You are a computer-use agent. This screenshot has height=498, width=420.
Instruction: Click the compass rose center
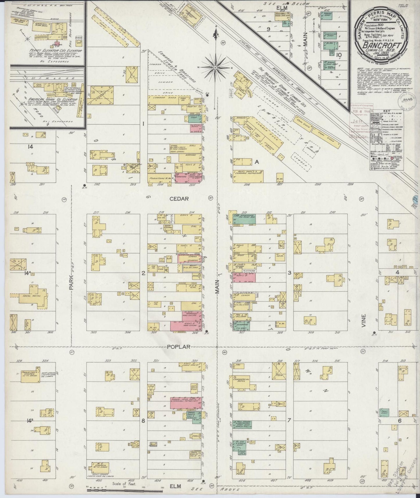point(215,67)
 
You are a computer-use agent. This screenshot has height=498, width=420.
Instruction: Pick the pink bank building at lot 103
point(195,129)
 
